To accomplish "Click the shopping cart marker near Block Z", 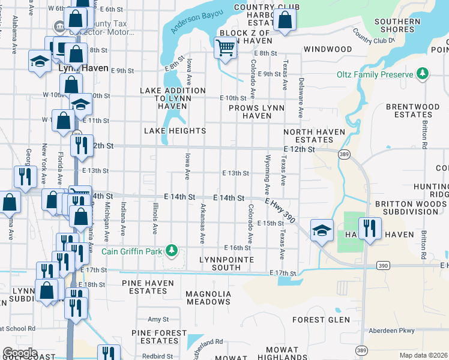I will coord(225,47).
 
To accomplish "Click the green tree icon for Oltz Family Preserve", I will coord(423,74).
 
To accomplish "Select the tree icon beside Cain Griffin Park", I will coord(172,250).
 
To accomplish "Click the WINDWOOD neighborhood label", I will coord(327,49).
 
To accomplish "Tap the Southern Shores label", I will coord(397,25).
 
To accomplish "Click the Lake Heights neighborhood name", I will coord(175,131).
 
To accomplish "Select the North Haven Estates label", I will coord(315,136).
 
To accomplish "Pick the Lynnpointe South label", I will coord(226,263).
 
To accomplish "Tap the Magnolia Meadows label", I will coord(208,298).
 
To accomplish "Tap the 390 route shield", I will coord(384,264).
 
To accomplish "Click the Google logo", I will coord(20,353).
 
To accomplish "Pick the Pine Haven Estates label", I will coord(148,287).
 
